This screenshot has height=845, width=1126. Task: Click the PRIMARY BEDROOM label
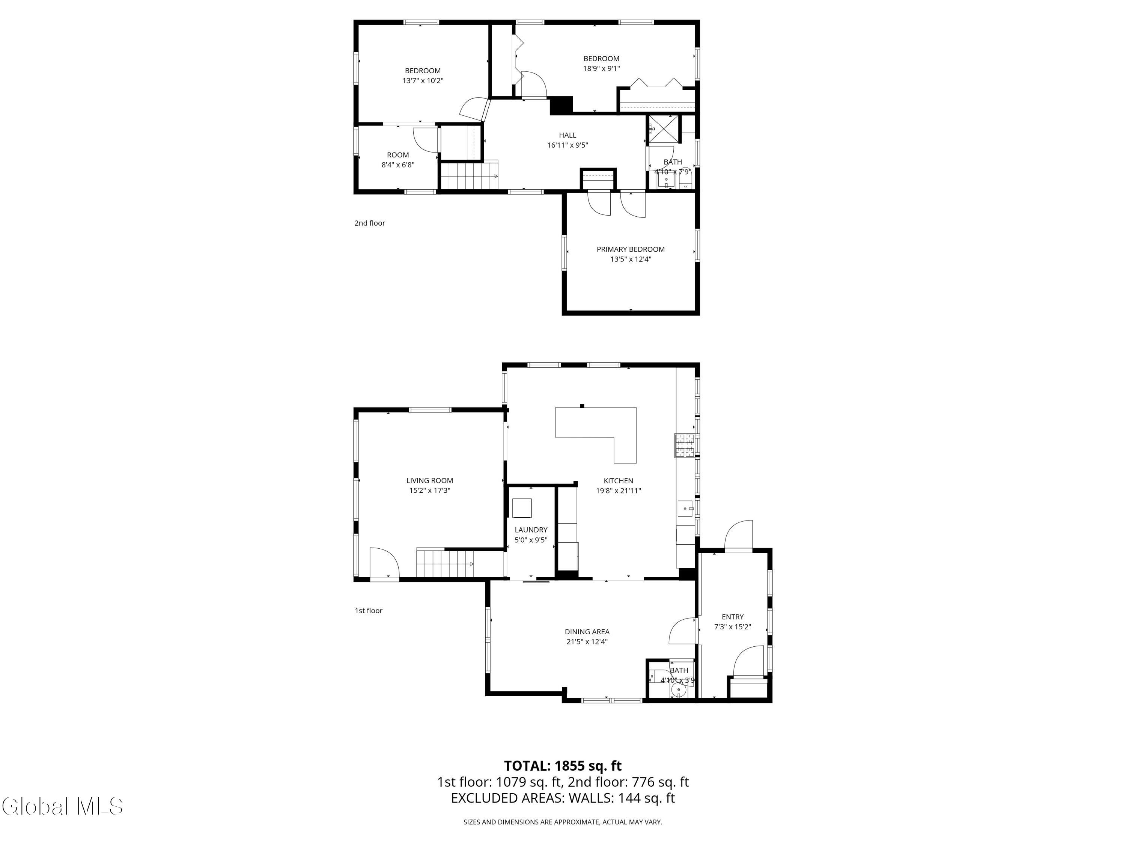click(x=630, y=249)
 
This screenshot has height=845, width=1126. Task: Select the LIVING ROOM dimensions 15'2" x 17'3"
click(x=430, y=490)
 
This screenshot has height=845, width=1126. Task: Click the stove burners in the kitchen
click(x=685, y=445)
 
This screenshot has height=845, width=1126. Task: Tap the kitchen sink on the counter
click(x=685, y=509)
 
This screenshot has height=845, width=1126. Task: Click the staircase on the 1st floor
click(x=446, y=563)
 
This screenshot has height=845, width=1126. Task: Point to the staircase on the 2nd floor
click(x=469, y=176)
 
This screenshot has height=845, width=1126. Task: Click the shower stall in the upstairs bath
click(x=663, y=129)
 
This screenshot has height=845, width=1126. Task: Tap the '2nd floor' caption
click(x=370, y=223)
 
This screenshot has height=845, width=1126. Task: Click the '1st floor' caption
click(x=369, y=611)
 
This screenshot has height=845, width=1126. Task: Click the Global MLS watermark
click(x=62, y=806)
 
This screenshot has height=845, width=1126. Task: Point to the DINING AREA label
click(x=587, y=632)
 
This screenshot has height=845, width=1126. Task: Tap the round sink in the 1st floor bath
click(x=678, y=690)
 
